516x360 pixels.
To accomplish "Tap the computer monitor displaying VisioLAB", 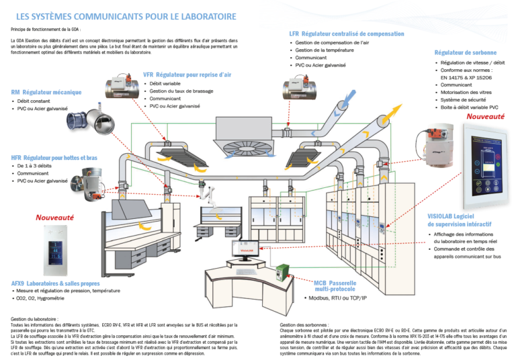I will coord(245,249).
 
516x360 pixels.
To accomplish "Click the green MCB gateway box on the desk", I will coord(282,270).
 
